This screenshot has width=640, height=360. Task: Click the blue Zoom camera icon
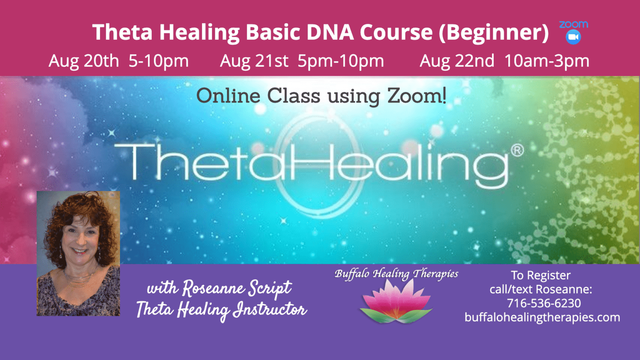click(573, 37)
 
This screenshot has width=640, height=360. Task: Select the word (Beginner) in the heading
click(493, 32)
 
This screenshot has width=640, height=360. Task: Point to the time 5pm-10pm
click(341, 61)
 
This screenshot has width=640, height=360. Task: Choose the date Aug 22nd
click(457, 61)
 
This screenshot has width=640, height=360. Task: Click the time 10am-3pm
click(547, 61)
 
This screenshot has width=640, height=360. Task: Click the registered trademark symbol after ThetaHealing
click(517, 150)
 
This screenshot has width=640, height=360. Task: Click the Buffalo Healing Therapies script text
click(396, 274)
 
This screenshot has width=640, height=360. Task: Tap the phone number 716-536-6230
click(544, 303)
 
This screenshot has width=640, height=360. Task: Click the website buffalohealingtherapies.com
click(542, 317)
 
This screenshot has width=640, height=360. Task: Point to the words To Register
click(540, 275)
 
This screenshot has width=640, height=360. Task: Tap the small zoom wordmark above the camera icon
click(573, 25)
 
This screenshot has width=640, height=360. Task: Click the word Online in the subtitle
click(228, 96)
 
